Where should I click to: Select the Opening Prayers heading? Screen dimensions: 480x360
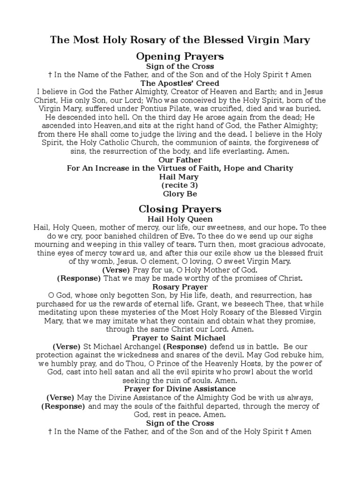click(x=180, y=56)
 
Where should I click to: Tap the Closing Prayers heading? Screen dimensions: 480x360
click(x=180, y=209)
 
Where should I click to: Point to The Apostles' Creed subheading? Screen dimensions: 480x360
click(x=180, y=83)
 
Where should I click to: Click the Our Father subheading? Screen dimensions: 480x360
click(x=180, y=160)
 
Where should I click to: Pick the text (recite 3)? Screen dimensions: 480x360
click(x=180, y=186)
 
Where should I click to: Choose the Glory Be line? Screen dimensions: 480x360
click(x=180, y=194)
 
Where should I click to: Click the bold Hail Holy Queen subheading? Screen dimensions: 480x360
click(x=180, y=219)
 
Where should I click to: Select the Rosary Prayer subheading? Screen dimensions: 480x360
click(x=180, y=287)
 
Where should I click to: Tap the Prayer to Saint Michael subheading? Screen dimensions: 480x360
click(x=180, y=338)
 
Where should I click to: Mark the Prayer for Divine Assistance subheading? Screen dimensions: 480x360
click(x=180, y=389)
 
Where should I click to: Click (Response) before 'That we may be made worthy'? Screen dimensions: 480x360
click(x=79, y=278)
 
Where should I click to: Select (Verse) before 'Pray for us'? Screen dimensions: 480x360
click(x=116, y=270)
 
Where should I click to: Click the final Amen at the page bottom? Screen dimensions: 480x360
click(x=301, y=431)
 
